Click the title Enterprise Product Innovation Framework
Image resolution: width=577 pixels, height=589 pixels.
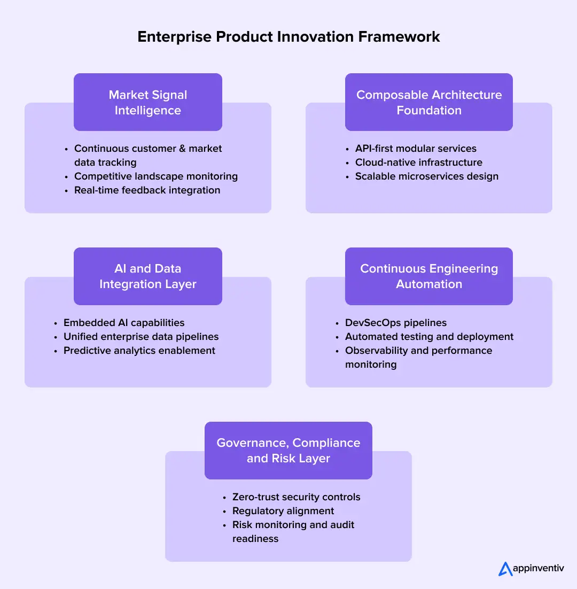point(288,36)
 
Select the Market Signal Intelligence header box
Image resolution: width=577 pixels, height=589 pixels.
point(148,102)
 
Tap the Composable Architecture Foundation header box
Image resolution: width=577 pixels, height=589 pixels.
point(428,102)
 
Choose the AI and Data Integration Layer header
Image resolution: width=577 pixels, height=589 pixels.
point(148,276)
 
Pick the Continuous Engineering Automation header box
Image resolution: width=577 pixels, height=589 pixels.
point(428,276)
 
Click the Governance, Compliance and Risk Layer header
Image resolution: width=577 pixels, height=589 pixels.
point(288,451)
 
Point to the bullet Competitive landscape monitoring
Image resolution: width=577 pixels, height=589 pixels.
point(155,176)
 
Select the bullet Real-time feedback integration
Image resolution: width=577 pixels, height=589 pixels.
point(147,190)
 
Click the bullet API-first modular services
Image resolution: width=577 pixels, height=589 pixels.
point(416,149)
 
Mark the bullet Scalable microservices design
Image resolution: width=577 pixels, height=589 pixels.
point(426,176)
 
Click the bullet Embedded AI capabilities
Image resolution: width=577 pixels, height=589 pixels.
point(124,323)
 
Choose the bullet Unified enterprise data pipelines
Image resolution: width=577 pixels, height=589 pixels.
point(141,337)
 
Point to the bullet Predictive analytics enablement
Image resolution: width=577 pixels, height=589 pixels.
point(139,351)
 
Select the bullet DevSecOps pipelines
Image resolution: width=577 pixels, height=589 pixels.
point(395,323)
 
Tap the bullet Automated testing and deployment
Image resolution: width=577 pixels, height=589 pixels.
point(429,337)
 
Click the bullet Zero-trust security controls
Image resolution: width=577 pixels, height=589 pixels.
point(296,497)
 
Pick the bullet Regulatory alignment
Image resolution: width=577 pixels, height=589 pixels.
point(283,511)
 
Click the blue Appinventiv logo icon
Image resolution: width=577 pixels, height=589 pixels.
point(505,569)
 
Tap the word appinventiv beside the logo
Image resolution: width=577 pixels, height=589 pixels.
point(539,569)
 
